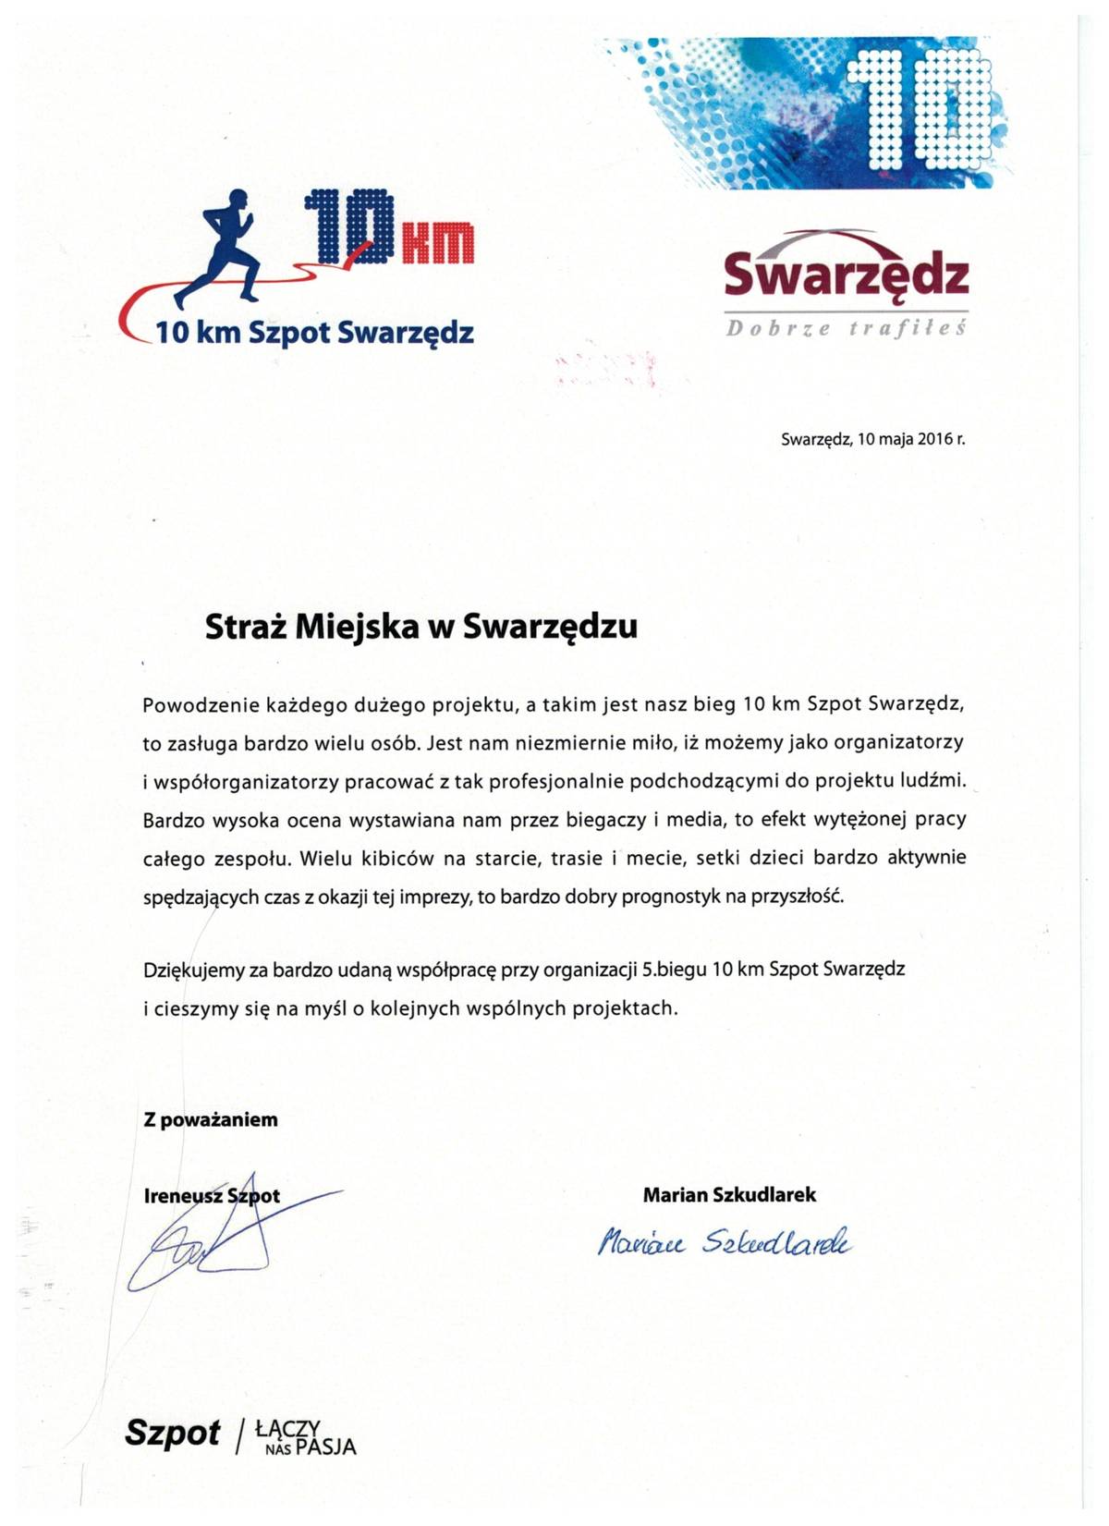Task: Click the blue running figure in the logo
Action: (x=221, y=245)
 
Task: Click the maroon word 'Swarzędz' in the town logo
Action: (x=846, y=275)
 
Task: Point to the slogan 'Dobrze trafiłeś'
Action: (x=846, y=329)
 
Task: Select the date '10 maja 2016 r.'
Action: (x=910, y=439)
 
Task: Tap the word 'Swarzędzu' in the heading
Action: (x=549, y=627)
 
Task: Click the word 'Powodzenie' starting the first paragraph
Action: (x=191, y=705)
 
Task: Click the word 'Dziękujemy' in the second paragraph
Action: (x=193, y=970)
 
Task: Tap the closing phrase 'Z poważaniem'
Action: (x=211, y=1119)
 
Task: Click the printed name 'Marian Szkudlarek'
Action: (x=729, y=1194)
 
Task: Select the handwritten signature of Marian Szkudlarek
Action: (x=725, y=1242)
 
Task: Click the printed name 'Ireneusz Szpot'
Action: (x=212, y=1195)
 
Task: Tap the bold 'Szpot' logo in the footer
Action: (x=173, y=1433)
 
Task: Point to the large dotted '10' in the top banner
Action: (x=924, y=111)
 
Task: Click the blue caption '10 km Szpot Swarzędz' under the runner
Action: (x=314, y=332)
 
